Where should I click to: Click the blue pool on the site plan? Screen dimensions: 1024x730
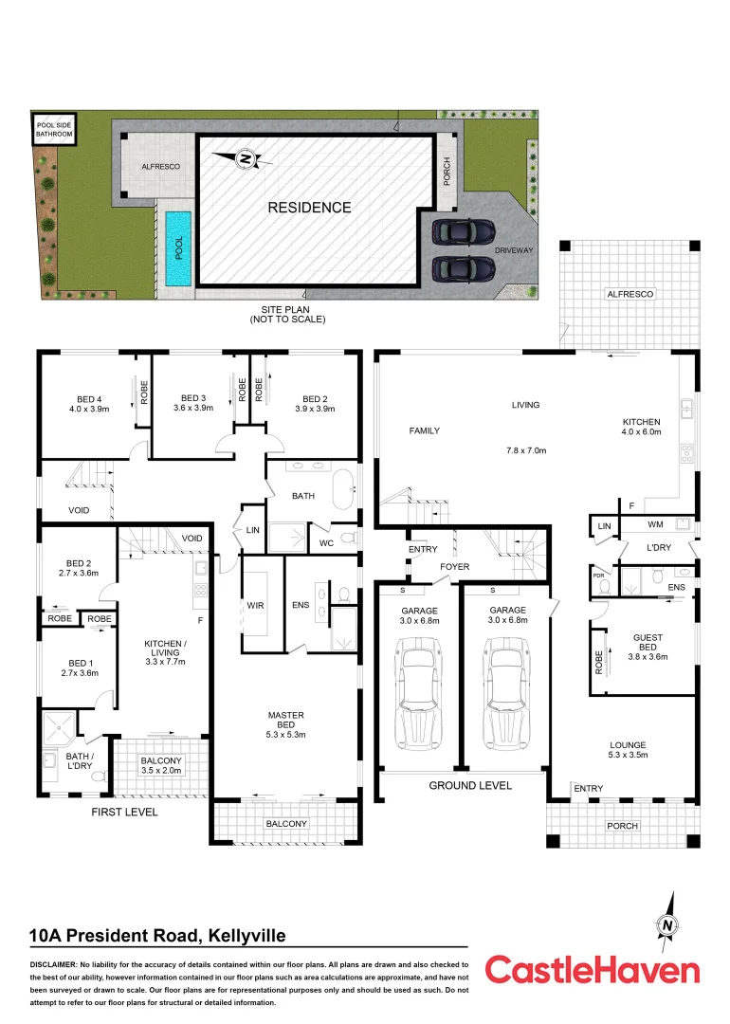pos(177,248)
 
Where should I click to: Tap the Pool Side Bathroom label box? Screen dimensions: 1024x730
pos(54,129)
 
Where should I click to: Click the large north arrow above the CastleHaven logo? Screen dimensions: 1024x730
pos(669,924)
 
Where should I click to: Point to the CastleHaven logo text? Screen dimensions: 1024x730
pos(593,970)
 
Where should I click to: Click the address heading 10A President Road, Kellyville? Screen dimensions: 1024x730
pos(157,936)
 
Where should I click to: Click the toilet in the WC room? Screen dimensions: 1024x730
pos(348,539)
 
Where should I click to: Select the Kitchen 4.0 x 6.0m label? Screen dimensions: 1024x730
pos(641,427)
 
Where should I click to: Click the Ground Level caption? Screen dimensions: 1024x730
pos(470,785)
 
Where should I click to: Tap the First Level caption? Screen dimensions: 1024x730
pos(124,813)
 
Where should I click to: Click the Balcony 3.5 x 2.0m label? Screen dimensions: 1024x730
pos(160,766)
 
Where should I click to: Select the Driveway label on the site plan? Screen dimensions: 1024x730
pos(513,250)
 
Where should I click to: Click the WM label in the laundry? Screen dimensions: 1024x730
pos(655,524)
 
